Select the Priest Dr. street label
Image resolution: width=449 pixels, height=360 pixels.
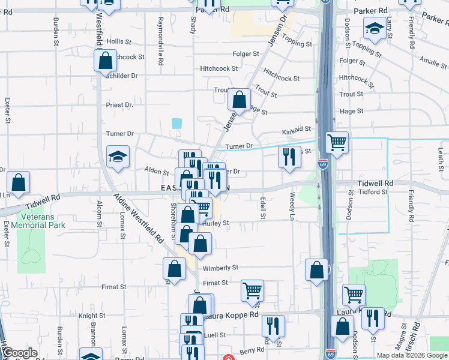119,105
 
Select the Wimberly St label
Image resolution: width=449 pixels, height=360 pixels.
220,268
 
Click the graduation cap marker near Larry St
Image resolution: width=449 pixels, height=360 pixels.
375,28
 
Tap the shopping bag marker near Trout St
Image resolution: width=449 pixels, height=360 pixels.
239,100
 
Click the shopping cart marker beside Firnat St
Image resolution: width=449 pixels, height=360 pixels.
252,291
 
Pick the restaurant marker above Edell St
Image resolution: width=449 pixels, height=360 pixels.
289,157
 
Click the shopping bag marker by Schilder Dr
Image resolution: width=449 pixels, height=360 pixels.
105,60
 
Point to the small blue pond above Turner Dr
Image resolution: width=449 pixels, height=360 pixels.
176,124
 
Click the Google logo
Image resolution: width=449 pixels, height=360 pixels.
20,353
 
